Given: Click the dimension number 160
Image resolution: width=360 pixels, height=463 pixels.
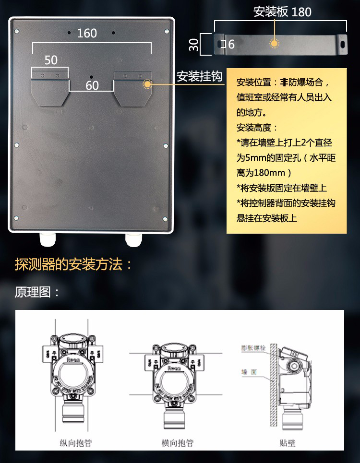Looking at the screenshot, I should click(87, 33).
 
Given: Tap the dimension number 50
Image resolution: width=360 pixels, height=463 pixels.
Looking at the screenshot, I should click(51, 60).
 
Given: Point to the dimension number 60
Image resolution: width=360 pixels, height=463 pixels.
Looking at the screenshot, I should click(92, 85).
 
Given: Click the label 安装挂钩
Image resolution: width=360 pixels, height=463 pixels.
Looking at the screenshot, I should click(199, 77).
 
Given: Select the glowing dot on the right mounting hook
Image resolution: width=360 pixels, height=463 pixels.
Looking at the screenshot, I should click(147, 84).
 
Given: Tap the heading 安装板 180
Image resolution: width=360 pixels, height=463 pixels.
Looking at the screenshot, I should click(282, 12).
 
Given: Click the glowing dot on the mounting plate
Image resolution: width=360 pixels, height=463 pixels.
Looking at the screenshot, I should click(274, 44).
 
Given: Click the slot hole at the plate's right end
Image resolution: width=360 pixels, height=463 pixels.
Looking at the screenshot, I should click(343, 43).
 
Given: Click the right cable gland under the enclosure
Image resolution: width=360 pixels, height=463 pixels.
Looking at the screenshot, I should click(133, 238).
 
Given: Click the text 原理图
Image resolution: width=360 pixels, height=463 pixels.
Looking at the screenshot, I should click(37, 292).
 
